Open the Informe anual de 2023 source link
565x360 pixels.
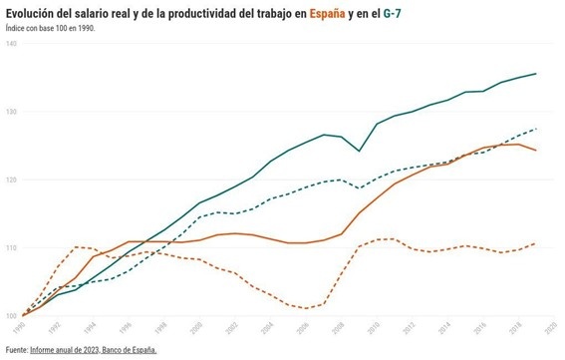pos(94,350)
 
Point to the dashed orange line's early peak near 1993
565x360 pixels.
pos(79,246)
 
